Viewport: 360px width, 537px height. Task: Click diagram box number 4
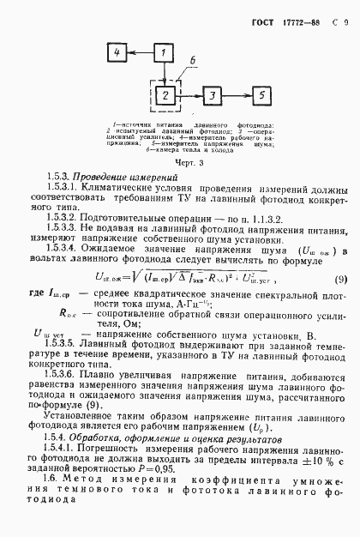point(120,54)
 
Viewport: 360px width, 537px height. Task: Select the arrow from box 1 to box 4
point(142,54)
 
